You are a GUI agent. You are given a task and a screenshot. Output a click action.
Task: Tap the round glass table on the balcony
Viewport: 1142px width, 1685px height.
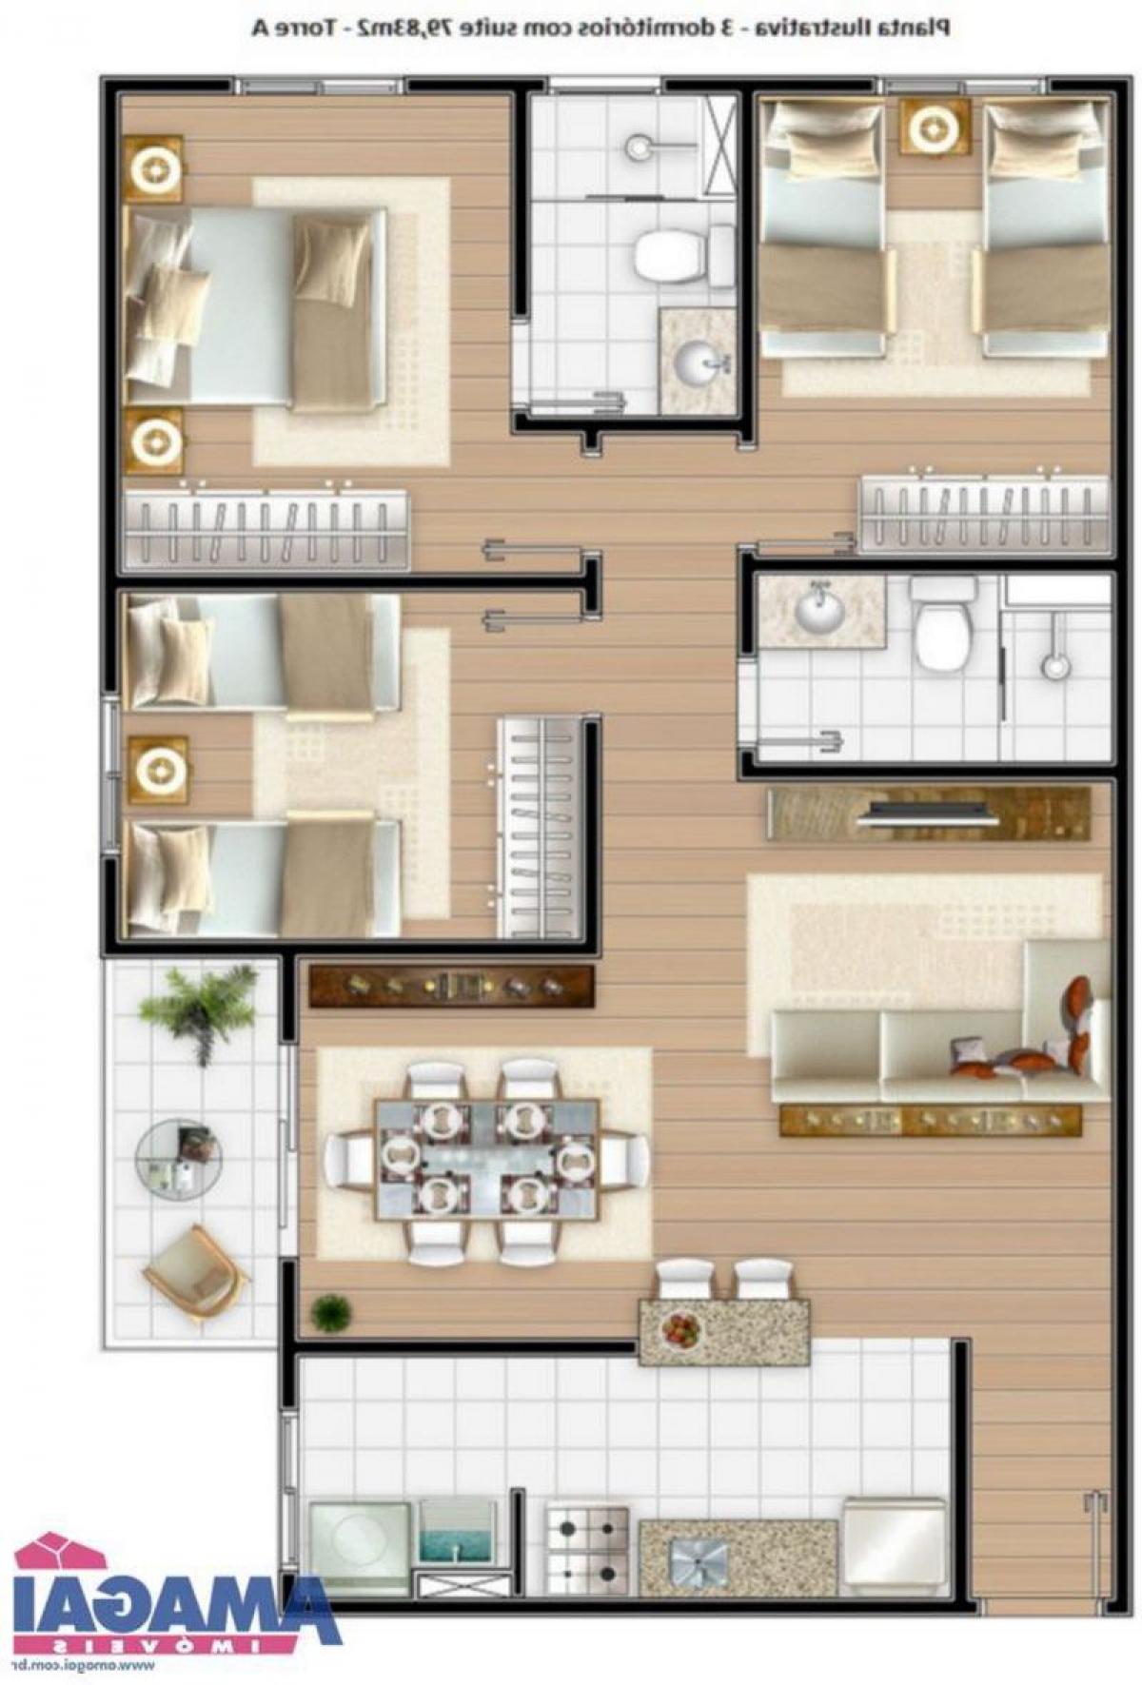[x=178, y=1155]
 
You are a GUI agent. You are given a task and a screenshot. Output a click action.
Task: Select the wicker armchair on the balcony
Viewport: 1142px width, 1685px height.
[x=195, y=1274]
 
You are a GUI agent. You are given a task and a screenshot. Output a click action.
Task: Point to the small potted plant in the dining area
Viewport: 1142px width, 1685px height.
[x=330, y=1313]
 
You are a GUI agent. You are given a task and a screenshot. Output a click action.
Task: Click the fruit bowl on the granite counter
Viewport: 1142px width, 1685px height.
[x=681, y=1328]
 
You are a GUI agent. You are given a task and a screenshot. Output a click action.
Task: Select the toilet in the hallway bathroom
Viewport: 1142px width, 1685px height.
[x=941, y=628]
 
